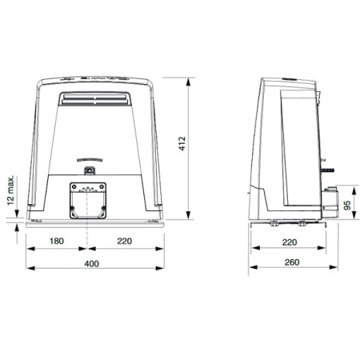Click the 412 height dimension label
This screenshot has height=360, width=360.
point(183,146)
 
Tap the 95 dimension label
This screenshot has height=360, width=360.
point(347,203)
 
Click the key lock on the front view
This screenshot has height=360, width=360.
point(90,170)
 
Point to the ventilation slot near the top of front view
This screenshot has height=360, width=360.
point(94,98)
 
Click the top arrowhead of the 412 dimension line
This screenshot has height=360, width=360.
point(190,75)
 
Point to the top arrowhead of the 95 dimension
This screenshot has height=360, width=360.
point(353,187)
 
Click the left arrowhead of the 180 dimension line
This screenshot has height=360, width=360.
point(30,247)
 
